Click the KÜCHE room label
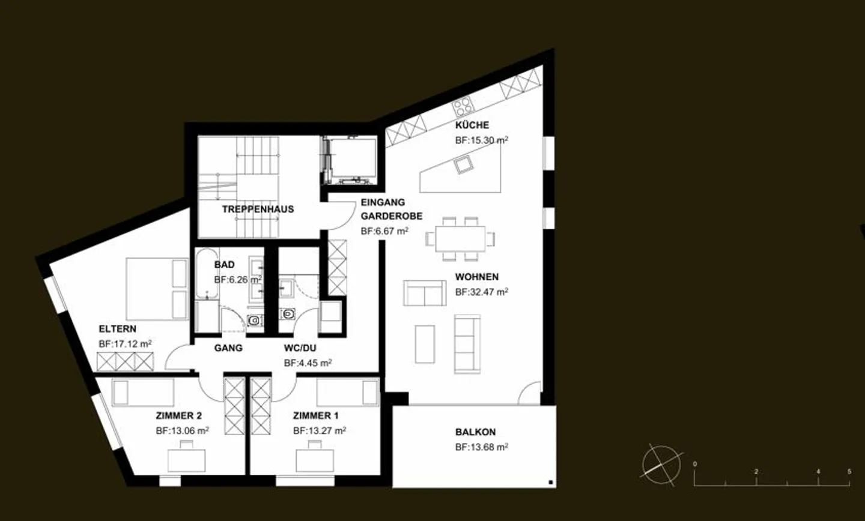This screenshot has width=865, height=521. pos(472,125)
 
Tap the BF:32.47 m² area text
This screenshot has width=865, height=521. pos(481,292)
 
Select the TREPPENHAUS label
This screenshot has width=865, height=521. pos(258,209)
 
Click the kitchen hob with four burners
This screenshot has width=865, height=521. pos(463,107)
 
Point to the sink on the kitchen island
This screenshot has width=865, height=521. pos(463,164)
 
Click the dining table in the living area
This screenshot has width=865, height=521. pos(461,238)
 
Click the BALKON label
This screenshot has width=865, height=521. pos(475,432)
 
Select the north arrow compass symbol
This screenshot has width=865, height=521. pos(661,463)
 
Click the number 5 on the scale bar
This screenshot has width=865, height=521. pos(849,472)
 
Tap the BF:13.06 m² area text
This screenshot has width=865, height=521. pos(182,430)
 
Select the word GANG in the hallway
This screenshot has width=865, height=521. pos(228,348)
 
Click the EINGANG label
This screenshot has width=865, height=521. pos(383,203)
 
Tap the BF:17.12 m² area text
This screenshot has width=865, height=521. pos(125,344)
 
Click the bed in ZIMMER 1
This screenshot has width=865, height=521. pos(348,393)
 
